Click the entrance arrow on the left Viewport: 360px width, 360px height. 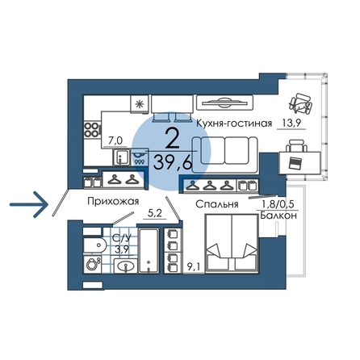point(29,204)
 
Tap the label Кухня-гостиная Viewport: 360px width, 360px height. point(234,123)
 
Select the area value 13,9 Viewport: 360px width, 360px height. point(291,123)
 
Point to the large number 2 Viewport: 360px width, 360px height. point(172,138)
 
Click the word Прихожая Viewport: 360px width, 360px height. point(113,202)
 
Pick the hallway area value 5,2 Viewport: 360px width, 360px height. point(155,213)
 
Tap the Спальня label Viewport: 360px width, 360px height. point(217,204)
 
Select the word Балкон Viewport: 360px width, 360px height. point(278,216)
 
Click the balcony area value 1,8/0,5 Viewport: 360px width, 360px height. point(278,205)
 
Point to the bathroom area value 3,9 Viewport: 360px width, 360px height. point(122,249)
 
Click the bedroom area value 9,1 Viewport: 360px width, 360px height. point(193,268)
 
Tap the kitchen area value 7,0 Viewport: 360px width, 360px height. point(115,140)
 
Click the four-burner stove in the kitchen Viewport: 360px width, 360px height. point(92,130)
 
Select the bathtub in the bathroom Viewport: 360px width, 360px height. point(149,250)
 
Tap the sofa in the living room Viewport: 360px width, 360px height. point(225,155)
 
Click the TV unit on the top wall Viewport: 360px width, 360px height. point(224,103)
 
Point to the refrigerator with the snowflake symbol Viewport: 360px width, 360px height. point(140,104)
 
